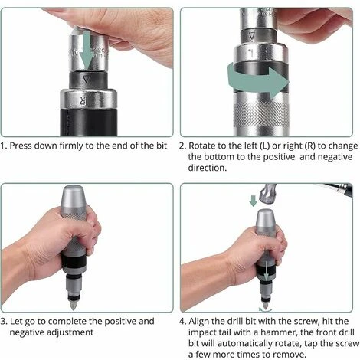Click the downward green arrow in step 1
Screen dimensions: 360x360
point(87,51)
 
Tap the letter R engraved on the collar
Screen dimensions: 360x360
point(83,101)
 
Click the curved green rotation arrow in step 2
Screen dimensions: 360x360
point(258,80)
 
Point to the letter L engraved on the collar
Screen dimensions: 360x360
point(251,54)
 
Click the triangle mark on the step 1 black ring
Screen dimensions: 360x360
point(87,80)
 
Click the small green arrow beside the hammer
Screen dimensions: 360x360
point(253,201)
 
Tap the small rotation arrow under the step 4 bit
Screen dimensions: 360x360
point(265,310)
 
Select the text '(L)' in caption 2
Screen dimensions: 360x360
point(265,146)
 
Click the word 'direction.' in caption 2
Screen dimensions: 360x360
point(208,168)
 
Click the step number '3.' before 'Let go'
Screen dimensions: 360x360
point(4,321)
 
